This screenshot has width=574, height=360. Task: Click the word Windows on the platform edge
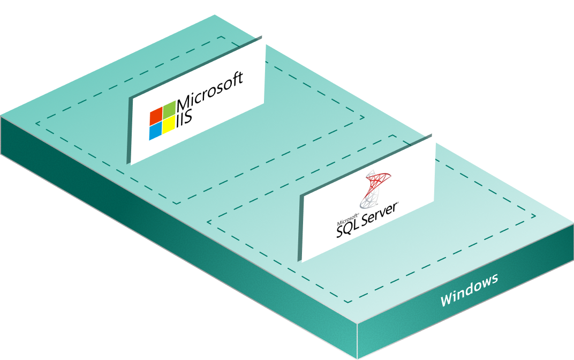coord(469,290)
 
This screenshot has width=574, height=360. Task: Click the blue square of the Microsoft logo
coord(155,130)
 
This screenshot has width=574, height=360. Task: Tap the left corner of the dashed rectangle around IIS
coord(36,124)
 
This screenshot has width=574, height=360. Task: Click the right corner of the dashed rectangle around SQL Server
coord(535,217)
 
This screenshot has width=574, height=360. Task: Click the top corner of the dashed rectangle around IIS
coord(221,37)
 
